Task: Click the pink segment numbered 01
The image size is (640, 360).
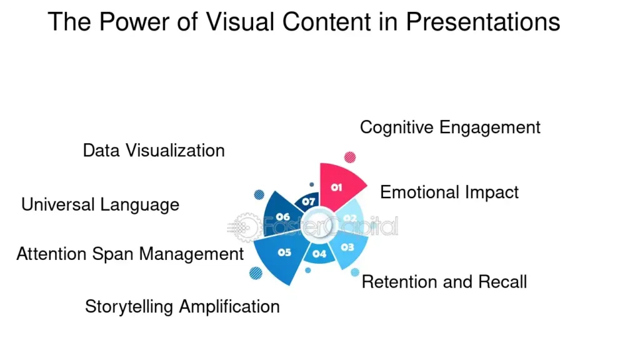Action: [338, 185]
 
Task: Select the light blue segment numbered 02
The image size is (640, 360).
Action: [351, 217]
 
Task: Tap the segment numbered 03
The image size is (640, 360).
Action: [347, 247]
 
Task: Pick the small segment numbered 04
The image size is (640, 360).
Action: [319, 253]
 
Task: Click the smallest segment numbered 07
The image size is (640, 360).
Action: [309, 201]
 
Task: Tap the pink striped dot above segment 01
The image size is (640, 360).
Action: [350, 157]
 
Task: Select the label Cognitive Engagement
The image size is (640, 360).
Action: [450, 127]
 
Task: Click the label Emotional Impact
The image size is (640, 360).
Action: [449, 192]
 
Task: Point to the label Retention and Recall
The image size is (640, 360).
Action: [444, 282]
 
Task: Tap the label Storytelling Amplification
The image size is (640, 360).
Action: [182, 307]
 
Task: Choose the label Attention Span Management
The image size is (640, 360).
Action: [130, 254]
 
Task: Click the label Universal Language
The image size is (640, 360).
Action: [100, 204]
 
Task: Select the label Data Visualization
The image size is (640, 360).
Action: [154, 151]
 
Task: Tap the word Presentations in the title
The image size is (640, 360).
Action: [482, 22]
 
